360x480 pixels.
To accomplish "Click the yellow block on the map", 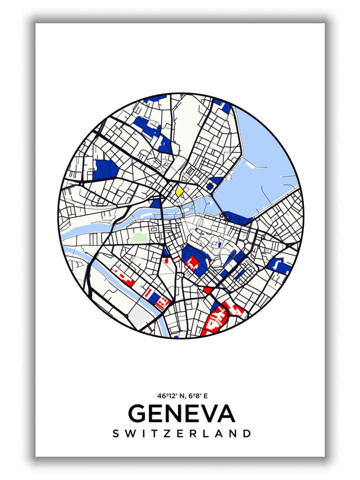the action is point(179,191).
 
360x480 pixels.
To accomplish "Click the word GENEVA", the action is point(181,413).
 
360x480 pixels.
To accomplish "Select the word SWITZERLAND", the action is point(181,433).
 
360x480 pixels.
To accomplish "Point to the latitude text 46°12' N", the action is point(168,396).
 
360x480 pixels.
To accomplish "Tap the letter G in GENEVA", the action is point(138,413).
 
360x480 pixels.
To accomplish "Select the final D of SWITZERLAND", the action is point(246,433).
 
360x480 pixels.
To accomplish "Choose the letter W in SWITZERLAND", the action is point(129,433).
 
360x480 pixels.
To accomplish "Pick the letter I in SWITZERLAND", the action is point(142,433).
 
